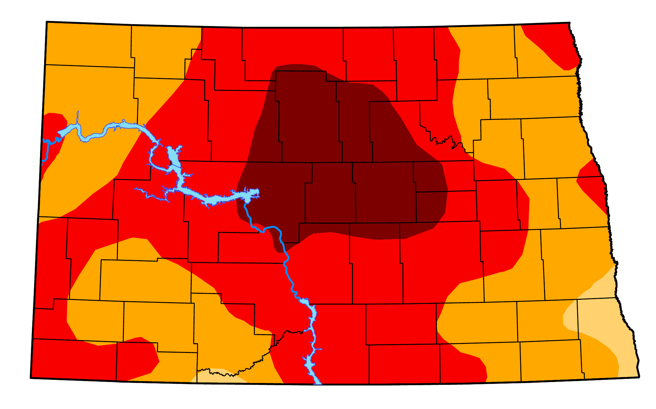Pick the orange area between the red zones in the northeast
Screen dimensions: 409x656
coord(488,56)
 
